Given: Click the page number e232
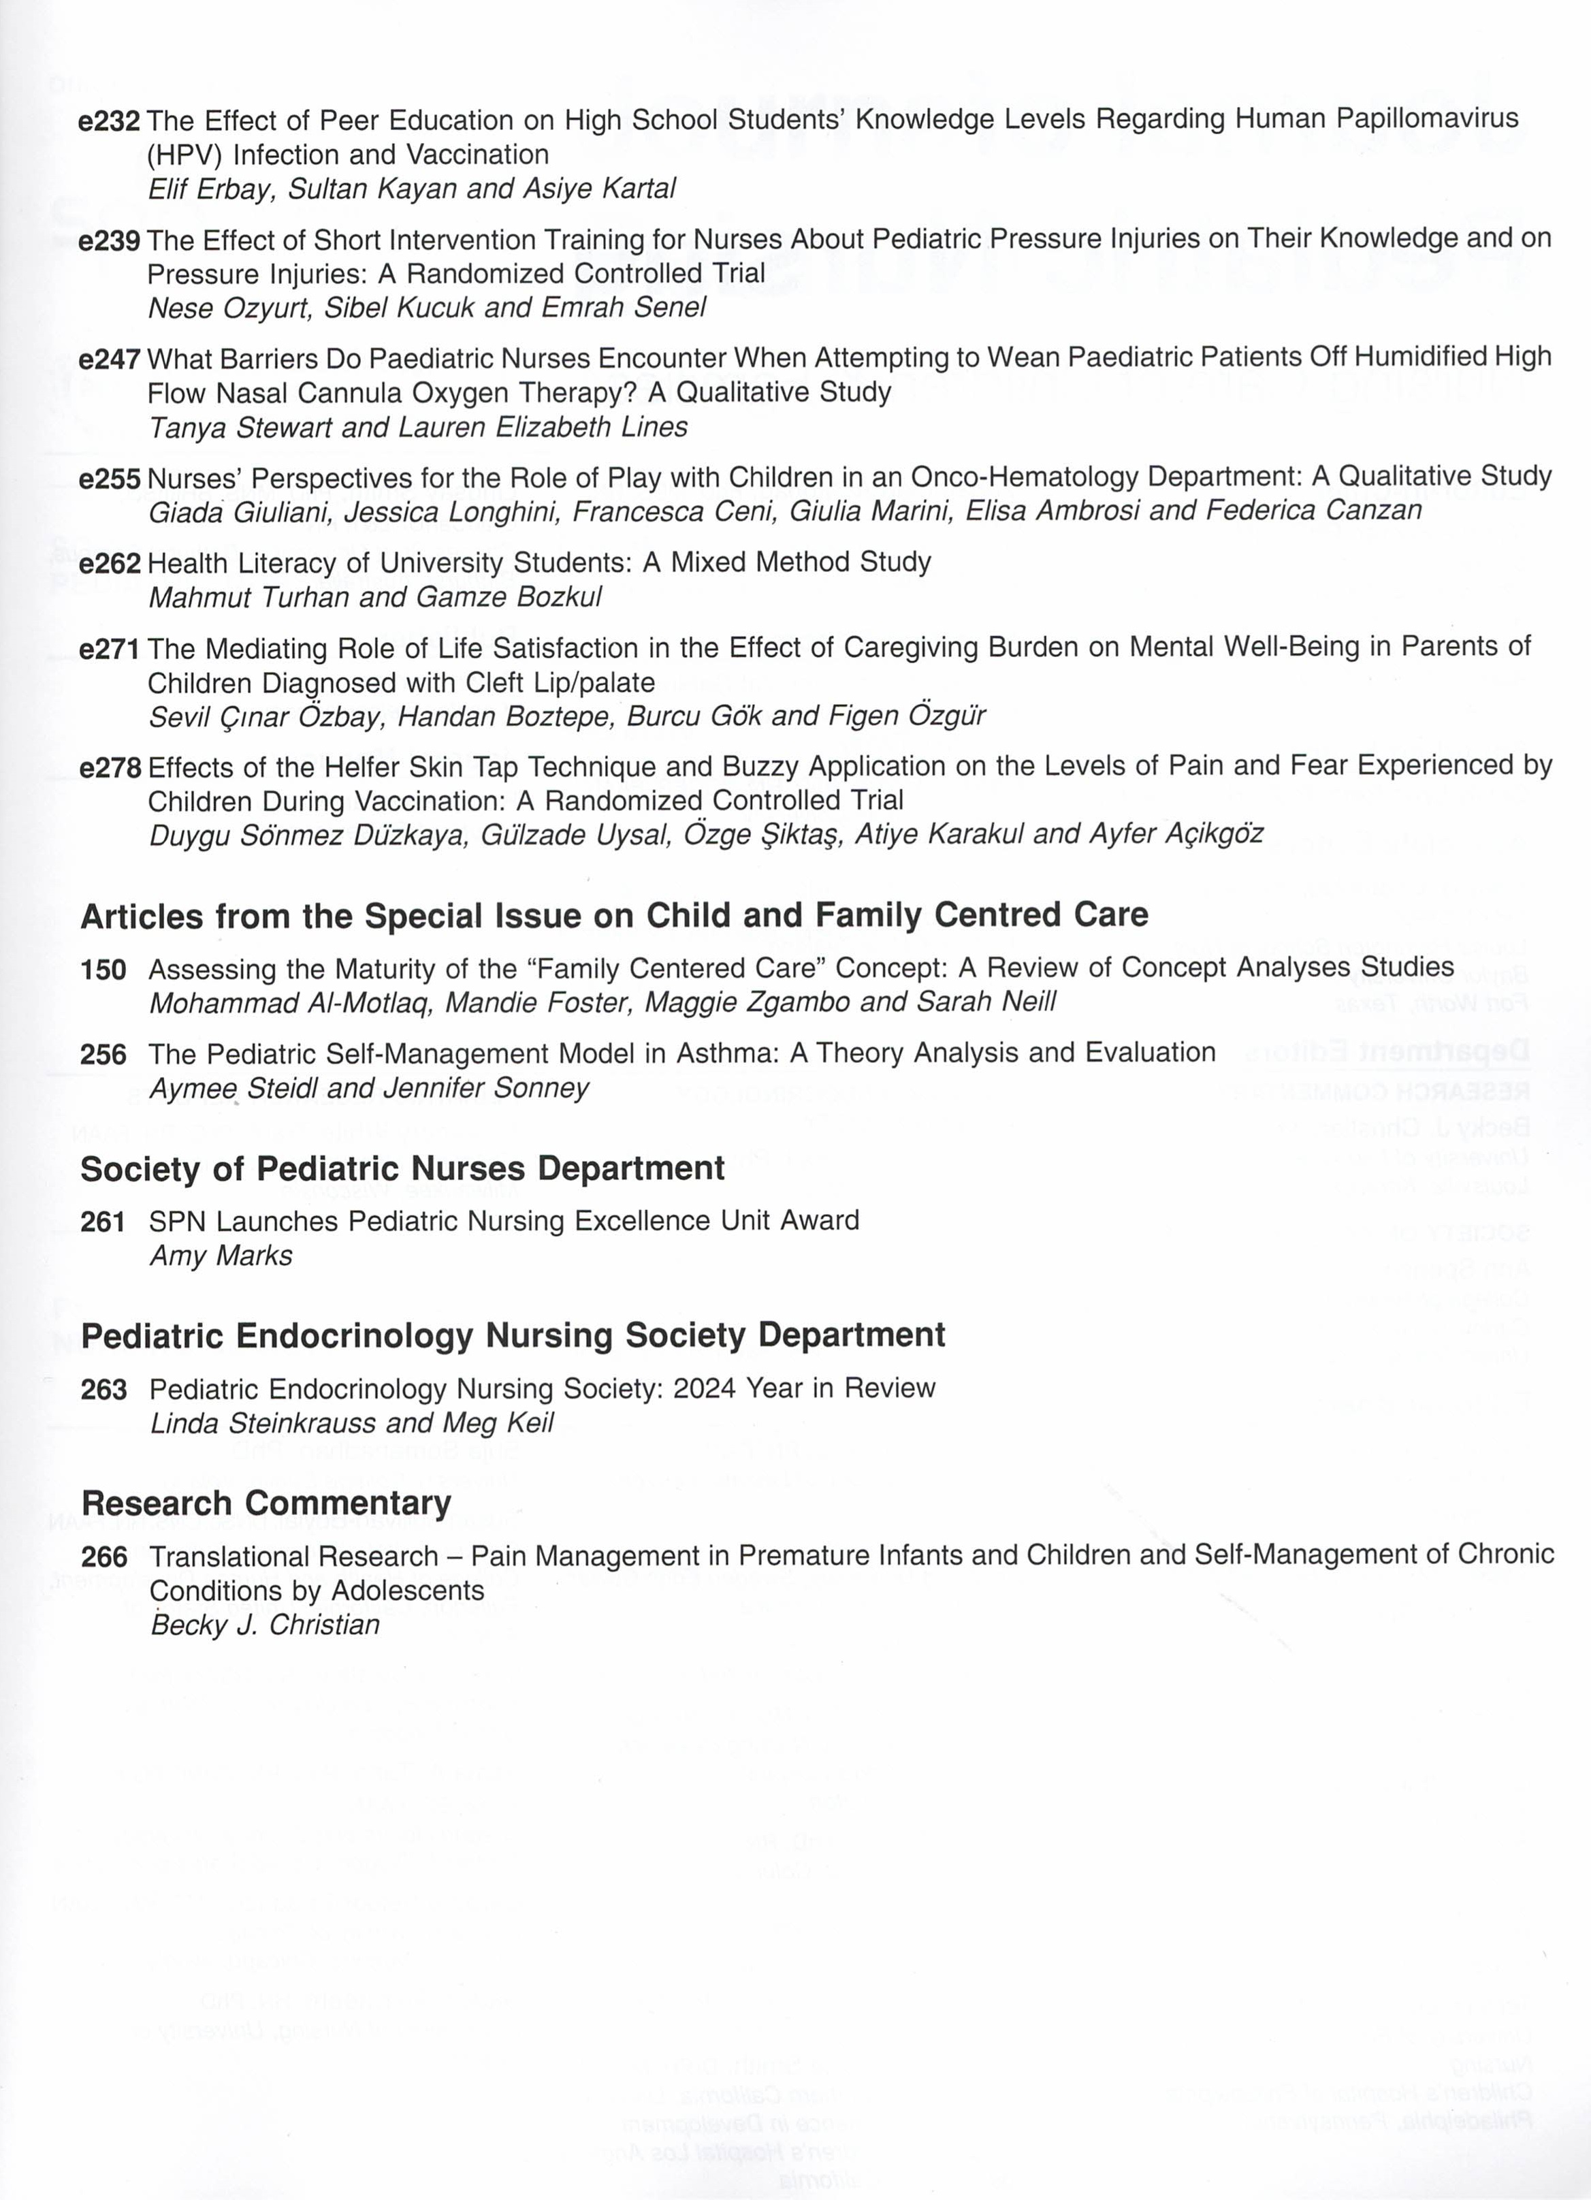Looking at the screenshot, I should (x=109, y=121).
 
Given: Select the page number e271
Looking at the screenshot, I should (x=109, y=649).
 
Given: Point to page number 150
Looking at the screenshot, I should (x=103, y=969).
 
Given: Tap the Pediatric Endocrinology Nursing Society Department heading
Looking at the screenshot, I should (x=512, y=1336).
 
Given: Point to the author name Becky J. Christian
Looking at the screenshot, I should (x=264, y=1625).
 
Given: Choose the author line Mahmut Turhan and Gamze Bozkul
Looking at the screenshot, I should (x=374, y=596).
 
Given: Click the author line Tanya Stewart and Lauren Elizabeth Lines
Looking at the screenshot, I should (x=417, y=427).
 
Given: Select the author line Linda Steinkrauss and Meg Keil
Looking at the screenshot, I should (x=351, y=1423).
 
